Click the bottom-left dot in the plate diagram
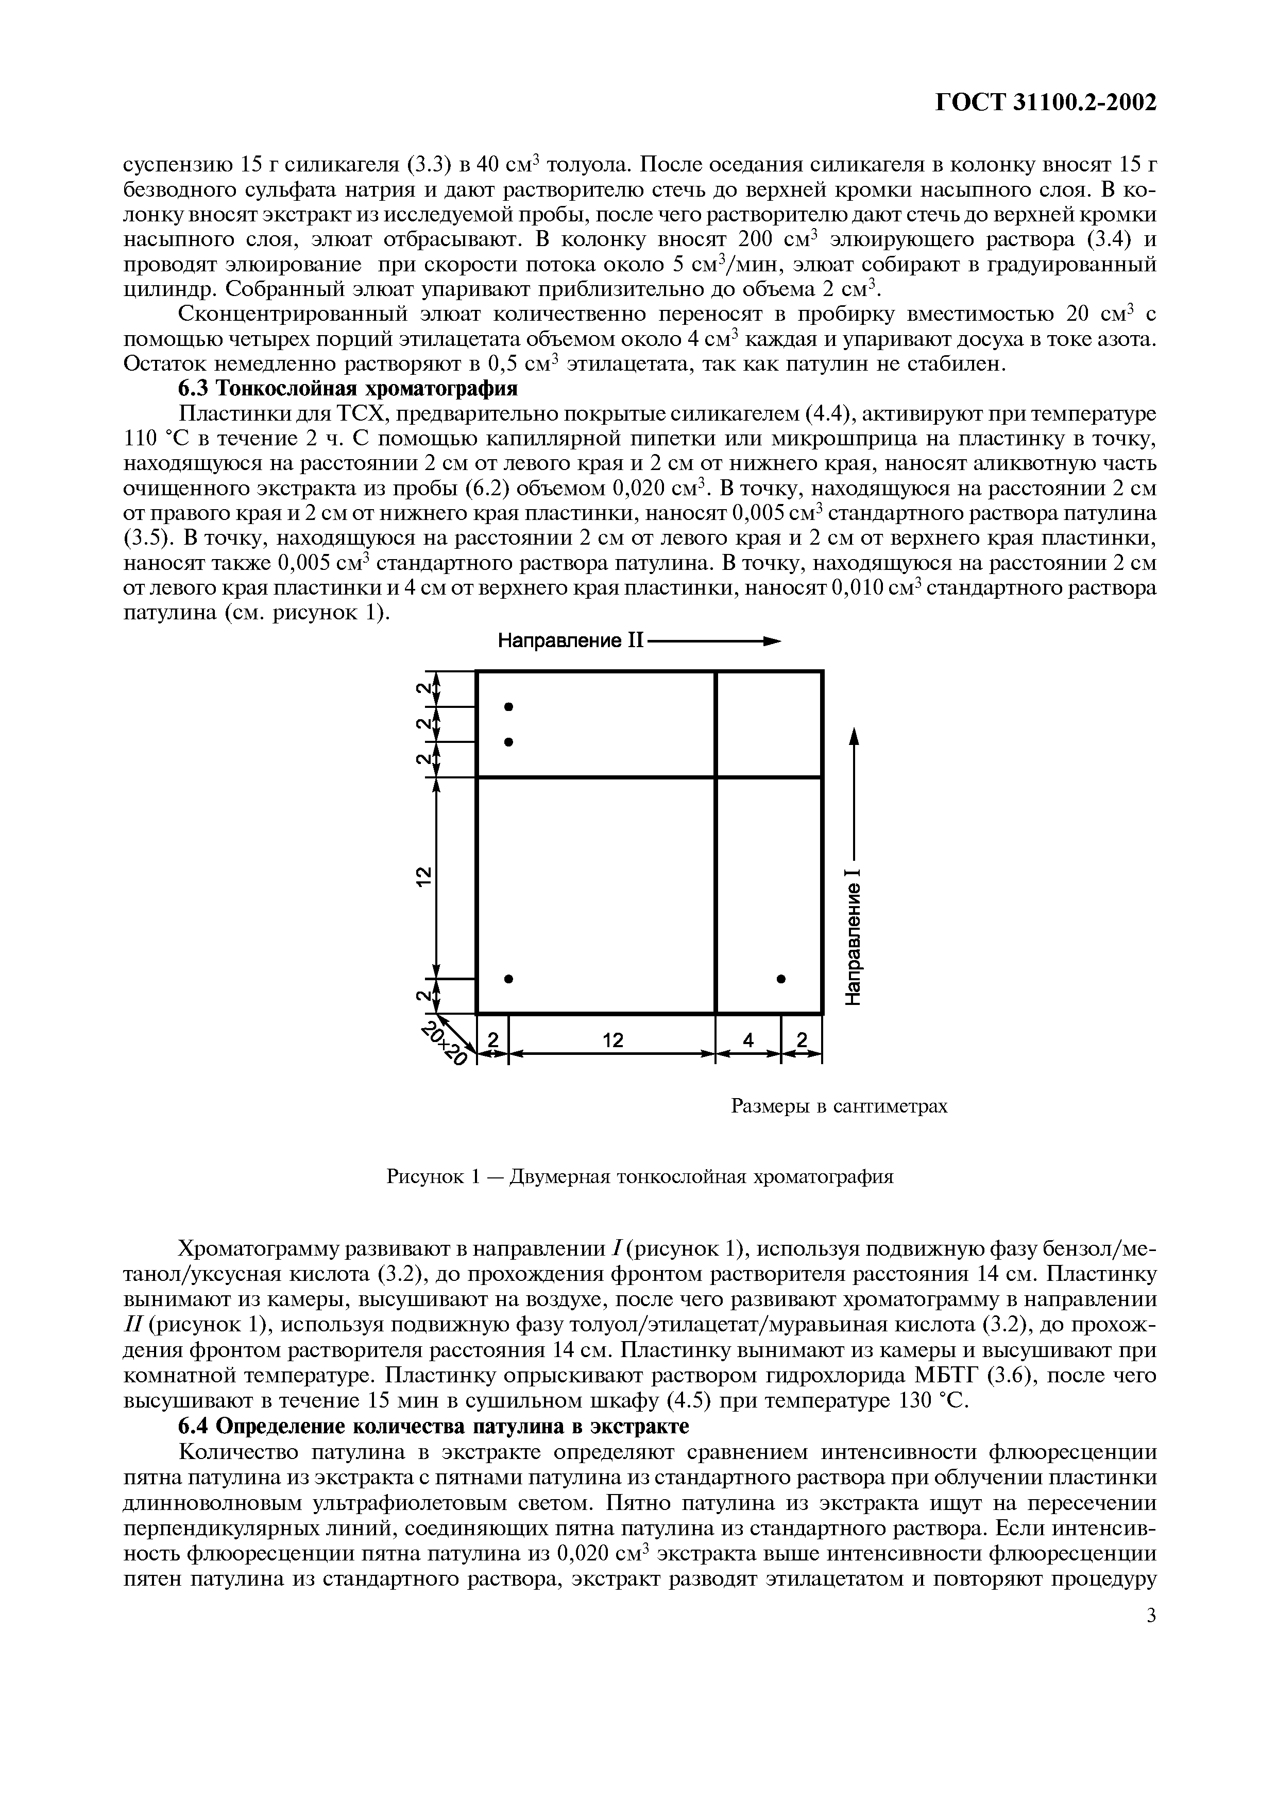509,979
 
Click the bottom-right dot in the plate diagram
781,979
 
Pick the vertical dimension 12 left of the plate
423,876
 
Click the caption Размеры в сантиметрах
840,1107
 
